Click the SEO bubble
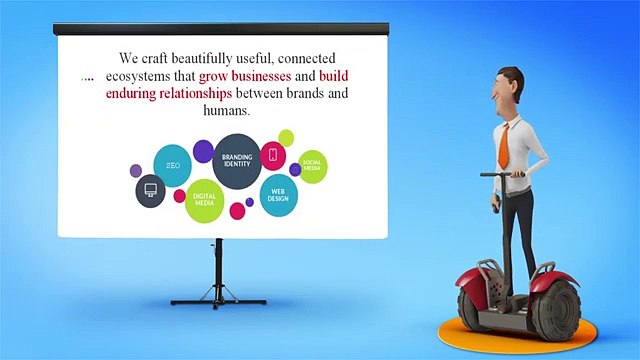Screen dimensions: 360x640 click(172, 166)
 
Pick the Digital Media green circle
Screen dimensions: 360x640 click(205, 199)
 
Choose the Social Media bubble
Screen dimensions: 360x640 click(312, 166)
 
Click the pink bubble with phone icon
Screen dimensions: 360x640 click(273, 155)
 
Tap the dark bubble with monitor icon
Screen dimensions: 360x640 click(150, 190)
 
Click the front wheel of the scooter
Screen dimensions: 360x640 click(554, 305)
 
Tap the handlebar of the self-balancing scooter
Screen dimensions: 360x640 click(502, 175)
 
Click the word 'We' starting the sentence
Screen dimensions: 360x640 click(129, 58)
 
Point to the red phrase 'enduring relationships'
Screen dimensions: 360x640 click(169, 94)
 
